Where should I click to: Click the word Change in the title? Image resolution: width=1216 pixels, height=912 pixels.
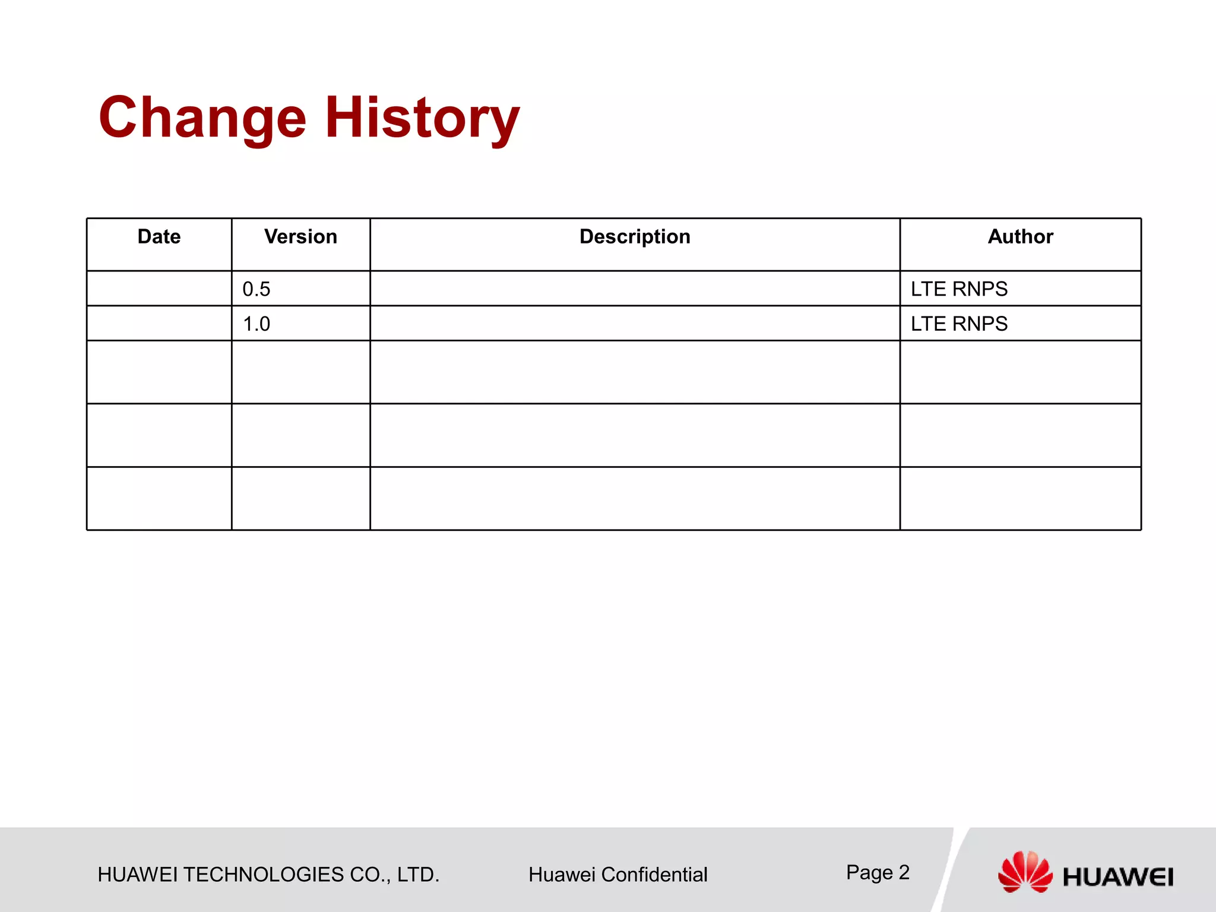pos(202,118)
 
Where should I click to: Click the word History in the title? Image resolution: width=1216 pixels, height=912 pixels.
pos(422,118)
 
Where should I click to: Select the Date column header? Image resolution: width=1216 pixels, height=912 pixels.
pos(159,237)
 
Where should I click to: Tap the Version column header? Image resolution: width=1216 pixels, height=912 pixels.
pos(300,237)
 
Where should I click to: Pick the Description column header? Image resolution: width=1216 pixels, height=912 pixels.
pos(635,237)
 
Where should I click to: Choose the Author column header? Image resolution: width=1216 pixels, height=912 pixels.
pos(1020,237)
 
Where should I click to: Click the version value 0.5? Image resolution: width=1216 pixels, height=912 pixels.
pos(256,289)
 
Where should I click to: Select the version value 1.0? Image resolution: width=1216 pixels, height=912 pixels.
pos(256,324)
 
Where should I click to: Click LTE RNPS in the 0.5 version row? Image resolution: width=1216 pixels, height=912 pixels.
pos(959,289)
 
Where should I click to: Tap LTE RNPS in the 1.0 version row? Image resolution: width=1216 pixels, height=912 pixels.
pos(959,324)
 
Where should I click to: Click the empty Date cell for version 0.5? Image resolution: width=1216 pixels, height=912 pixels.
pos(159,289)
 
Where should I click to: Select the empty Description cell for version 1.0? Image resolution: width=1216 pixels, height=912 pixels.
pos(635,324)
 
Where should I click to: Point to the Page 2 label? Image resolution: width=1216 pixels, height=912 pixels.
pos(878,872)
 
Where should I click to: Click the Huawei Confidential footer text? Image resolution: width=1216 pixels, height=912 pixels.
pos(617,875)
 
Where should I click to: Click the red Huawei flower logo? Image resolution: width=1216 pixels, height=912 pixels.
pos(1025,871)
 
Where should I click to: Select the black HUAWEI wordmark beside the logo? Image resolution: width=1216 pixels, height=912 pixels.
pos(1117,877)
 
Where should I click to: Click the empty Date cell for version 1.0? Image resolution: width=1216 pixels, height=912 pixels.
pos(159,324)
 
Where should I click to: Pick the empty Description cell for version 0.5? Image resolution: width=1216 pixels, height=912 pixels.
pos(635,289)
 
